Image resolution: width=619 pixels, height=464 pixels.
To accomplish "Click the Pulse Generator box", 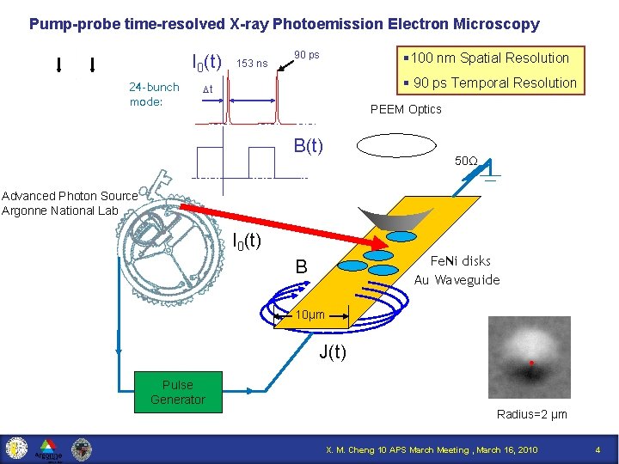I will coord(178,392).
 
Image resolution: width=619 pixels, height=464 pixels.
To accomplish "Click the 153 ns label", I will coord(252,64).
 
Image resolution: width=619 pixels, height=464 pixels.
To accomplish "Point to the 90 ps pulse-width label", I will coord(307,54).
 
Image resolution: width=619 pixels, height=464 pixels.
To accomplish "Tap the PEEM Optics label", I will coord(406,109).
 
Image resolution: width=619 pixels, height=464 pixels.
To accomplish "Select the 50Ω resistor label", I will coord(466,162).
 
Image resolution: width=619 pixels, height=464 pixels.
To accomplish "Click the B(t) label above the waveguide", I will coord(308,146).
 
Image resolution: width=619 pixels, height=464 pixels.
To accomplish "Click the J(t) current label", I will coord(333,352).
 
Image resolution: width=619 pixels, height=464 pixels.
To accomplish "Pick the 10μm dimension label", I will coord(309,315).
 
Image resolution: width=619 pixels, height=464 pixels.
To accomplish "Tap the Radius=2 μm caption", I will coord(531,414).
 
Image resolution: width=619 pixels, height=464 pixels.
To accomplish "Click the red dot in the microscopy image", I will coord(531,363).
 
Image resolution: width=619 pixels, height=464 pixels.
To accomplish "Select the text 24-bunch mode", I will coord(154,94).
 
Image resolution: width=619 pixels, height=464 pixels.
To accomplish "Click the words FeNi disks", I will coord(460,261).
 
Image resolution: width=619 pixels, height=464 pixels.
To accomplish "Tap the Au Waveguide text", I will coord(457,279).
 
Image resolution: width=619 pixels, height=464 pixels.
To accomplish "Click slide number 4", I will coord(597,449).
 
